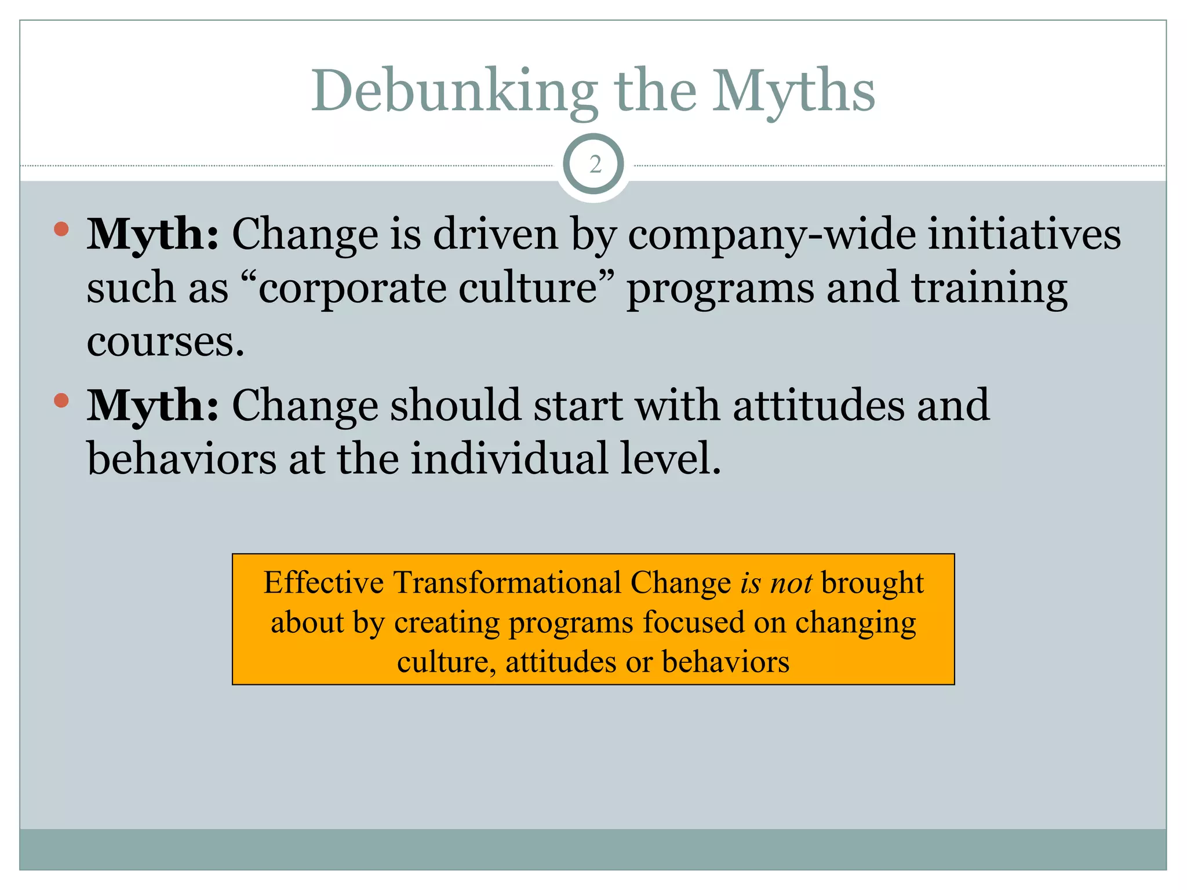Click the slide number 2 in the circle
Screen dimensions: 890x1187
click(x=595, y=165)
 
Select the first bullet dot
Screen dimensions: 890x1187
click(x=61, y=229)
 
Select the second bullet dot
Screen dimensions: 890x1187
click(x=61, y=400)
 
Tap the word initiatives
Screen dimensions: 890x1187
click(x=1024, y=235)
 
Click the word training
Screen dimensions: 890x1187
click(x=989, y=288)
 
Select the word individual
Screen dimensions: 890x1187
click(x=509, y=458)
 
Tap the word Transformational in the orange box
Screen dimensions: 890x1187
click(x=507, y=583)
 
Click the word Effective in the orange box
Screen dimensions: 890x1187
click(x=323, y=583)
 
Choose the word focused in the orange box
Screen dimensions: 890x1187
click(x=693, y=623)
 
